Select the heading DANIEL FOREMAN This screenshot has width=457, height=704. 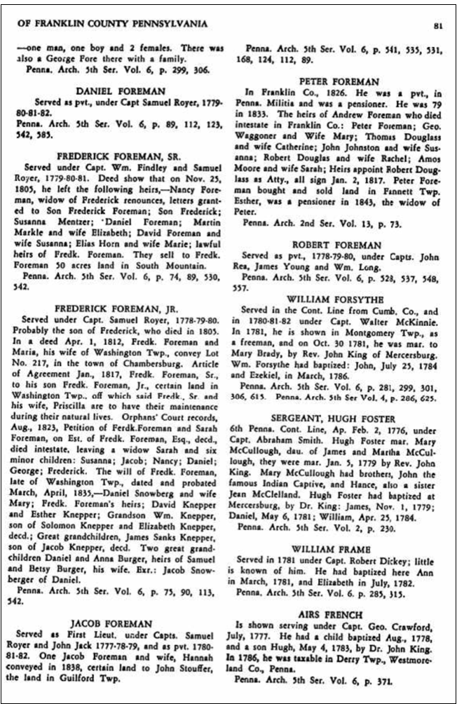121,92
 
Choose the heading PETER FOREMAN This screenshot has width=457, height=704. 343,81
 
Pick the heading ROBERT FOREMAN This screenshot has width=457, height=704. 343,245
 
